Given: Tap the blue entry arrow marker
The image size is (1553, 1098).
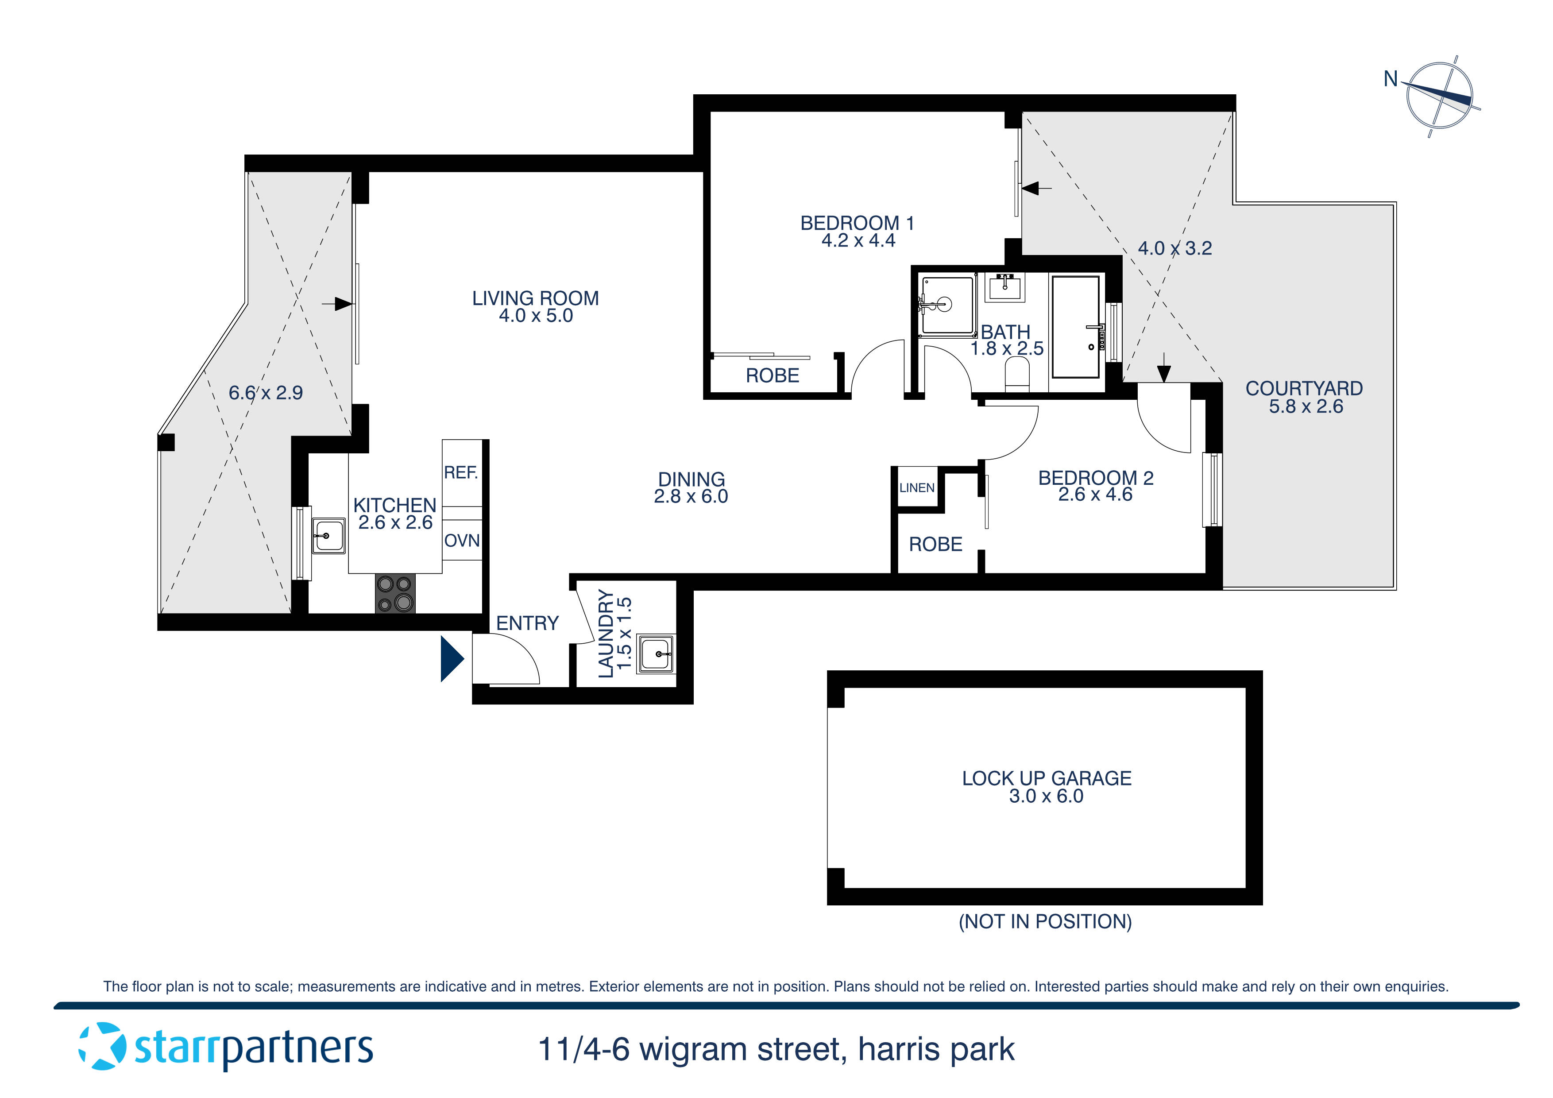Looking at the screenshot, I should (x=451, y=658).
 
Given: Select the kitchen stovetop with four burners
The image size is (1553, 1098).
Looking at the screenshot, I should (x=395, y=593).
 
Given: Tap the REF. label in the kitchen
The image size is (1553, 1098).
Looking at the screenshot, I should (x=460, y=472).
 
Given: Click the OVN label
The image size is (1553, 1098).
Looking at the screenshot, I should (x=462, y=541).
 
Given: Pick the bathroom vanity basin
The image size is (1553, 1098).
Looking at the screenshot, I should (x=1006, y=287).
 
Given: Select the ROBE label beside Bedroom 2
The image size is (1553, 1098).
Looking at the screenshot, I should (x=935, y=544).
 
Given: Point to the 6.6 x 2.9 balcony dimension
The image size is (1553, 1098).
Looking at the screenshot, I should (x=265, y=393).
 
